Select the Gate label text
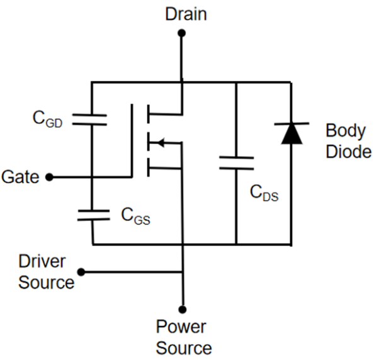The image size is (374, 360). pos(21,177)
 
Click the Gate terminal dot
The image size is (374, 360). pos(50,177)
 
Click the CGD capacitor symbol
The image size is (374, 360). pos(92,120)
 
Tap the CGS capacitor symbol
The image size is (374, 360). pos(92,215)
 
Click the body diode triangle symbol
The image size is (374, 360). pos(290,133)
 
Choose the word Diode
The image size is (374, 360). pos(348,152)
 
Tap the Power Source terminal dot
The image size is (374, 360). pos(183,309)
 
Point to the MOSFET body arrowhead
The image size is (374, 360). pos(159,142)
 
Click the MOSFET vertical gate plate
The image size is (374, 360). pos(133,141)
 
